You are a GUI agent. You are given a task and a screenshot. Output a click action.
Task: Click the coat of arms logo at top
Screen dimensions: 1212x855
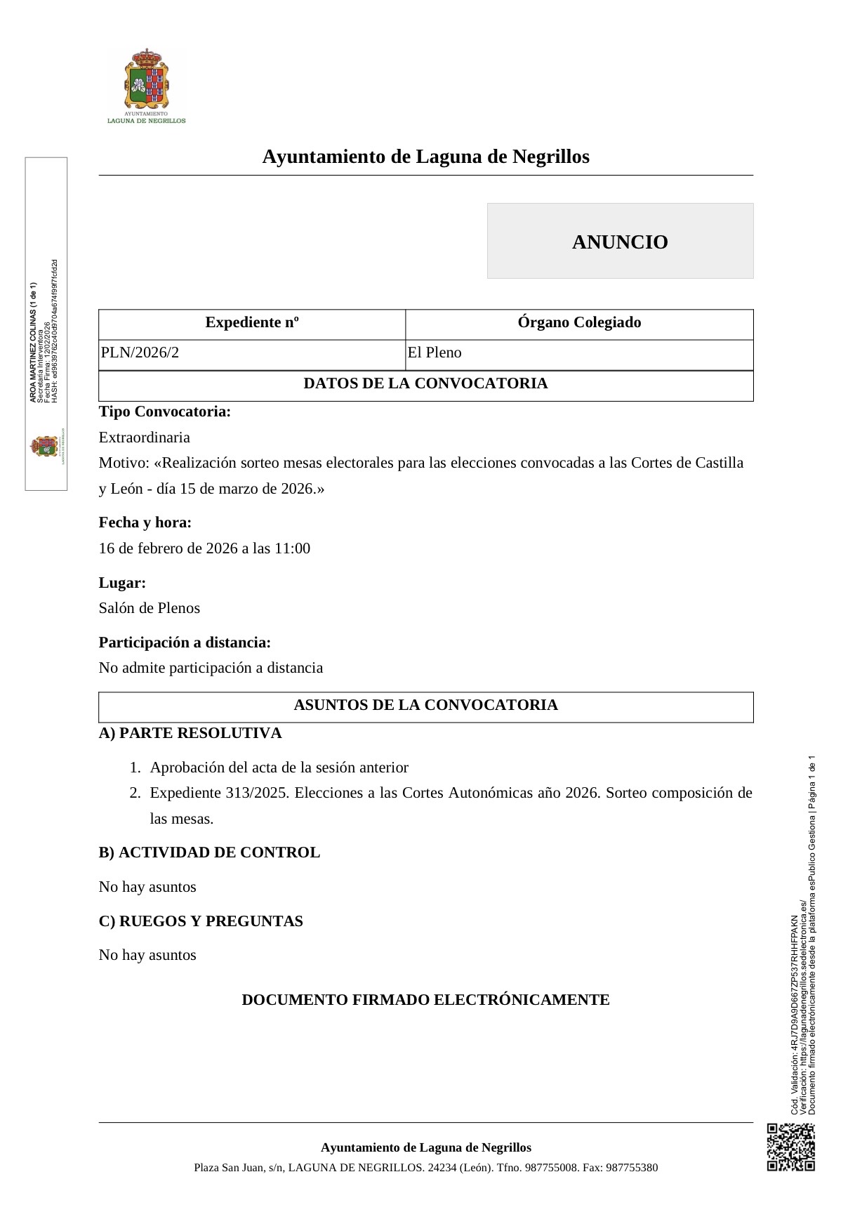click(x=146, y=81)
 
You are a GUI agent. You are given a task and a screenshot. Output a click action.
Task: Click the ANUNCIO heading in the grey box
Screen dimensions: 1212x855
click(x=620, y=242)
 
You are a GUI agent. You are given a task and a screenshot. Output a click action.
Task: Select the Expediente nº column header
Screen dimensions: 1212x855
click(x=252, y=323)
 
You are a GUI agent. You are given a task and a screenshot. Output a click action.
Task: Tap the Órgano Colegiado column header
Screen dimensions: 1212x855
click(x=579, y=323)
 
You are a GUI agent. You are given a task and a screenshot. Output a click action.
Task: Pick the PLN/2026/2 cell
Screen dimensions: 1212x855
click(x=140, y=353)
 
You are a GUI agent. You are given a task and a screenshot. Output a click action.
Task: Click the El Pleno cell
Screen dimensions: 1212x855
click(x=435, y=353)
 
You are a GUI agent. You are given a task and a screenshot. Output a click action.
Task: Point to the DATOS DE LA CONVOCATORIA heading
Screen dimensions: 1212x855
click(x=425, y=383)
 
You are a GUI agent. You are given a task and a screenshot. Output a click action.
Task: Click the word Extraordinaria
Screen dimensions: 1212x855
click(x=145, y=437)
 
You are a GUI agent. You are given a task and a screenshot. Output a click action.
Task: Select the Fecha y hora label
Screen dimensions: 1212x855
click(x=145, y=522)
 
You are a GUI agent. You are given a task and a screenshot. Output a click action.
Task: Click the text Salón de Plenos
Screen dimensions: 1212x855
click(x=150, y=608)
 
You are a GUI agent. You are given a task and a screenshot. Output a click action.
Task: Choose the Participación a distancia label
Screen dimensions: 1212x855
click(x=185, y=643)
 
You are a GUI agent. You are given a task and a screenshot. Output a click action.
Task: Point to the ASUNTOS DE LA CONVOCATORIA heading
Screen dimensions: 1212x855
click(x=425, y=705)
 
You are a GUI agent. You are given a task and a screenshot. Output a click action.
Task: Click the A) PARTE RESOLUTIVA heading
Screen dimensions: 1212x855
click(x=190, y=733)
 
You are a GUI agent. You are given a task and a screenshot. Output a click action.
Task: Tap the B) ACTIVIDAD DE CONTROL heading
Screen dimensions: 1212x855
click(x=209, y=852)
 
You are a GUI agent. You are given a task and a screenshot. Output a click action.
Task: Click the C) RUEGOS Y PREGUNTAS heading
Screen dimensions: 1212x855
click(x=201, y=921)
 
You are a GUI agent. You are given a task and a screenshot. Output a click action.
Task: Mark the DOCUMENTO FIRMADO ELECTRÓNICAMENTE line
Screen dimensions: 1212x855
click(x=425, y=1000)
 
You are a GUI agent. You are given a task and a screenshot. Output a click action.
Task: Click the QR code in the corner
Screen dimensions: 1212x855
click(x=790, y=1147)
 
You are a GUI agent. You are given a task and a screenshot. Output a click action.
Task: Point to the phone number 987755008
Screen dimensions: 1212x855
click(x=552, y=1168)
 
